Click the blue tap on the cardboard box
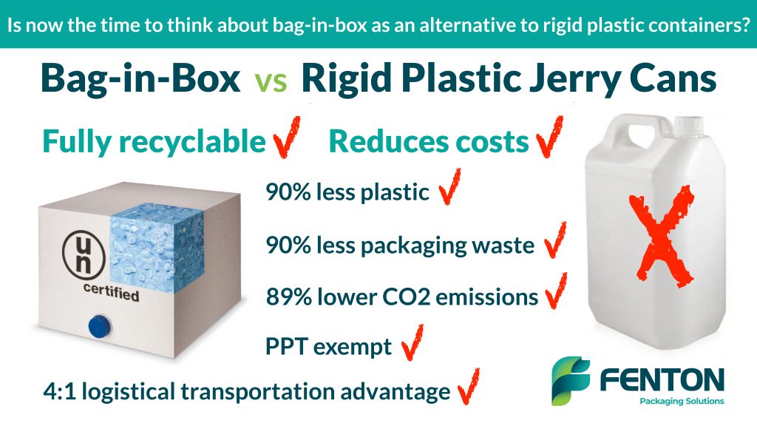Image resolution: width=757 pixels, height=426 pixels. pyautogui.click(x=100, y=326)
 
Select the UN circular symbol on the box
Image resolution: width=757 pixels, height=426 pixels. pyautogui.click(x=84, y=254)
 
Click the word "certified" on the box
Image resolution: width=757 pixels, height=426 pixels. pyautogui.click(x=112, y=293)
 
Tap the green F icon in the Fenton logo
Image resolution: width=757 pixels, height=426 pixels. pyautogui.click(x=571, y=381)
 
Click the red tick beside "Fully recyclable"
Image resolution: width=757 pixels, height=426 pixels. pyautogui.click(x=287, y=137)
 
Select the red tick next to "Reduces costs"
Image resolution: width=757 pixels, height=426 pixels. pyautogui.click(x=549, y=137)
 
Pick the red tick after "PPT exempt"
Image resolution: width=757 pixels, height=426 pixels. pyautogui.click(x=413, y=343)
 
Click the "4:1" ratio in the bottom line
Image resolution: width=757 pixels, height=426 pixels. pyautogui.click(x=59, y=391)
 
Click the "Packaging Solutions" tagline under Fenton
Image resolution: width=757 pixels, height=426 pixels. pyautogui.click(x=682, y=401)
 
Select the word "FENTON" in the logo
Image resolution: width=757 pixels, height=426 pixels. pyautogui.click(x=662, y=379)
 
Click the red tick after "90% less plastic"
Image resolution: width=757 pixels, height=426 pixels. pyautogui.click(x=450, y=186)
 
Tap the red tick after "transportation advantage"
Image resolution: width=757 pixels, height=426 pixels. pyautogui.click(x=469, y=386)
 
